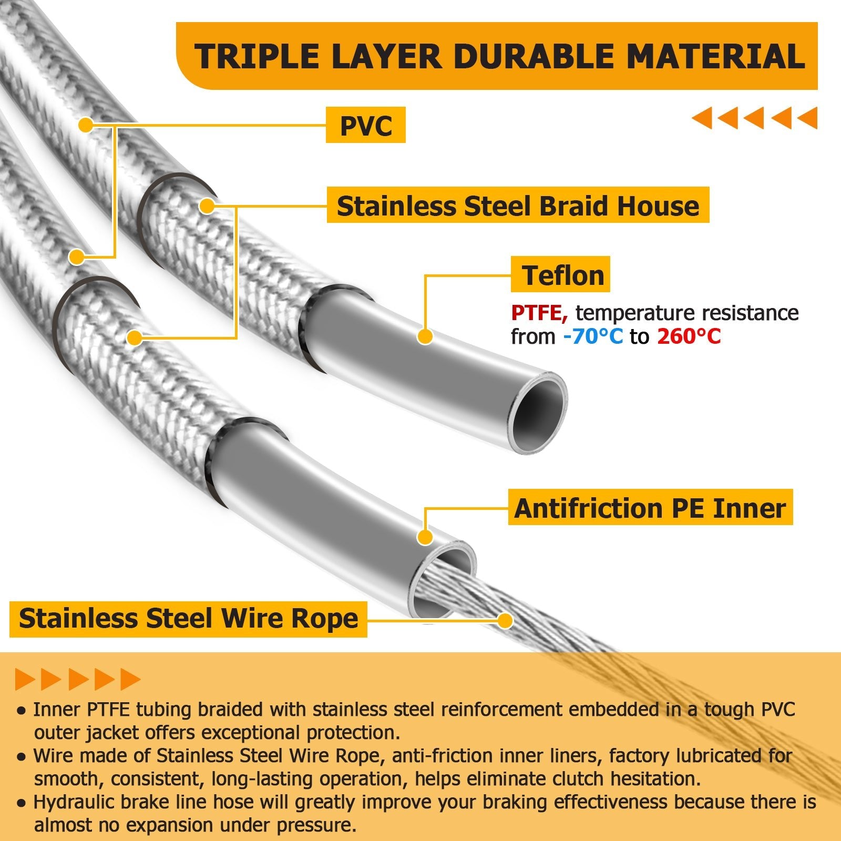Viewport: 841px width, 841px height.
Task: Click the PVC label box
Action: (366, 125)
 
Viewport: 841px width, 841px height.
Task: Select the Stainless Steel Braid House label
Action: (518, 205)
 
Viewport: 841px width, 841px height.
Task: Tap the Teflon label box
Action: (560, 274)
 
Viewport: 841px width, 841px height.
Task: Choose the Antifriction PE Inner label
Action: (650, 507)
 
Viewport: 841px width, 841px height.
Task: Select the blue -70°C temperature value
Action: (593, 336)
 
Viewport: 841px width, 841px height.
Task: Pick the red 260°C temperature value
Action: (689, 336)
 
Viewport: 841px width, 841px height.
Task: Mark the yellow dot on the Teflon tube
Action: (425, 336)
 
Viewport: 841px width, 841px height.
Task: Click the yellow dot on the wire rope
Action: (505, 620)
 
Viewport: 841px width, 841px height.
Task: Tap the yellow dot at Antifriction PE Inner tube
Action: (425, 537)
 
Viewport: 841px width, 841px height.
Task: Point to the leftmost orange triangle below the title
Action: (702, 118)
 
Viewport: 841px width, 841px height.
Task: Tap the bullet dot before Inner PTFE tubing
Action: (22, 711)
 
